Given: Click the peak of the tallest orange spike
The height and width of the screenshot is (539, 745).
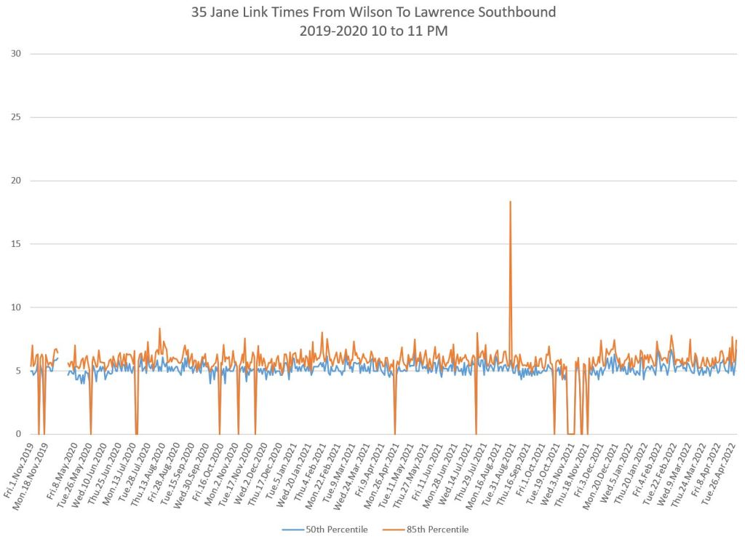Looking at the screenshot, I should (510, 202).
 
